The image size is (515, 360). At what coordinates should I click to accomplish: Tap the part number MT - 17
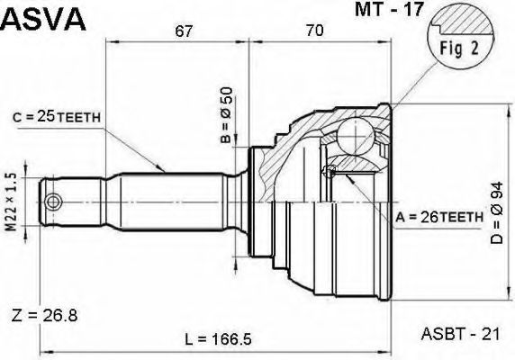pyautogui.click(x=389, y=9)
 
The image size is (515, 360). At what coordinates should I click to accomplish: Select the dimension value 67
pyautogui.click(x=184, y=31)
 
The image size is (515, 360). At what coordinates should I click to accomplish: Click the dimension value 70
pyautogui.click(x=314, y=31)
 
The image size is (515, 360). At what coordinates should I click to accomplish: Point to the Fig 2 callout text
pyautogui.click(x=459, y=49)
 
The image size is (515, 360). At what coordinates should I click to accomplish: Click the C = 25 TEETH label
pyautogui.click(x=57, y=117)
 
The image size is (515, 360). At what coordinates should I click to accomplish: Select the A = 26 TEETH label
pyautogui.click(x=439, y=217)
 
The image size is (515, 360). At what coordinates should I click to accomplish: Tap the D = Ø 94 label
pyautogui.click(x=497, y=212)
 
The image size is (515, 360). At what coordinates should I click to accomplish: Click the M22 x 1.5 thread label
pyautogui.click(x=12, y=202)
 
